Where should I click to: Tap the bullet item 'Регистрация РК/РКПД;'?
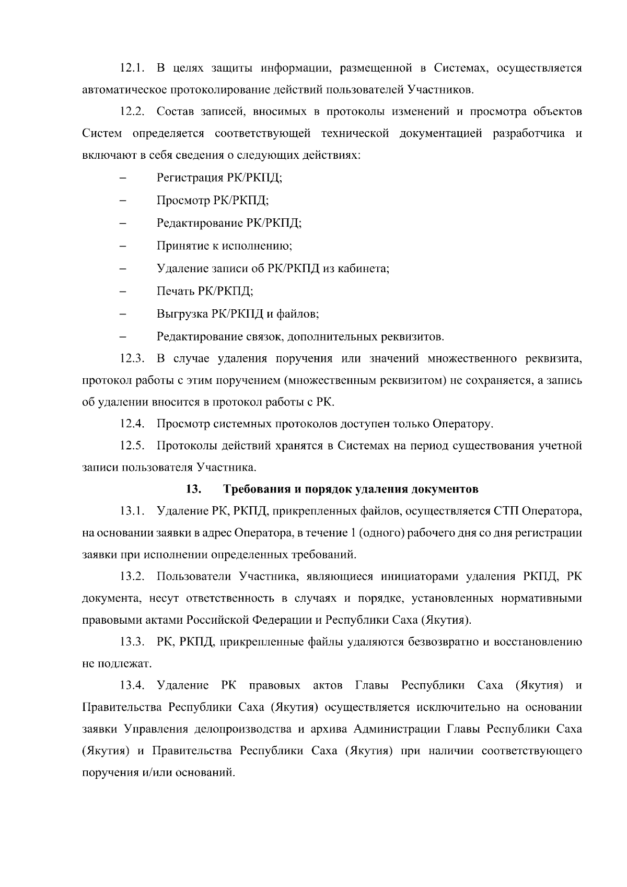click(x=219, y=178)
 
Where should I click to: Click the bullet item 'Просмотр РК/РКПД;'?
click(x=213, y=200)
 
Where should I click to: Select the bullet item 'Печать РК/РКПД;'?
click(x=205, y=291)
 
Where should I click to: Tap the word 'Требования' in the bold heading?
click(x=255, y=489)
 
